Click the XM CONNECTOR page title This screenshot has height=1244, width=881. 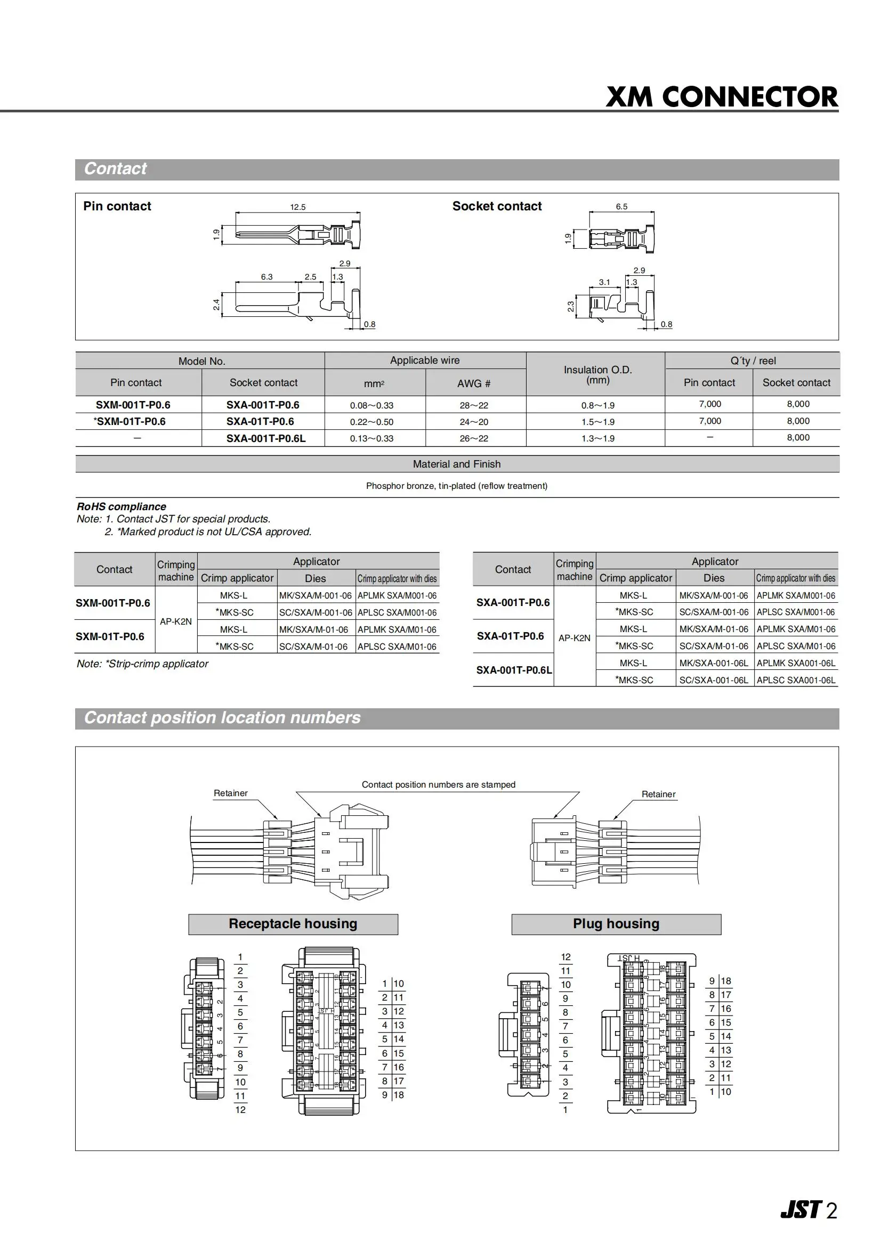tap(722, 97)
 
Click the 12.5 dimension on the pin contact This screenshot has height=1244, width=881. tap(298, 207)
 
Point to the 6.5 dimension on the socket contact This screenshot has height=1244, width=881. tap(621, 207)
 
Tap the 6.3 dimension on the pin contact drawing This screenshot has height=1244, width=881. tap(267, 277)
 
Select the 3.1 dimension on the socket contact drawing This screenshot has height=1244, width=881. tap(604, 282)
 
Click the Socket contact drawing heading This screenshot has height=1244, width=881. tap(497, 206)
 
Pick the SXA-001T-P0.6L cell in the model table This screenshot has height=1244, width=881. tap(266, 438)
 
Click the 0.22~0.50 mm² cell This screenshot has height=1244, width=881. tap(371, 422)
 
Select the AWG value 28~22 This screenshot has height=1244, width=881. tap(474, 405)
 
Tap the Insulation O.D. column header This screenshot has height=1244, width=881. tap(598, 374)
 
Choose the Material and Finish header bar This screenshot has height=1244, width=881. tap(457, 464)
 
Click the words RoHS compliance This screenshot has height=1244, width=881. tap(122, 506)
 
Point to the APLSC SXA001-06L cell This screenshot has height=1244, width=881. tap(796, 680)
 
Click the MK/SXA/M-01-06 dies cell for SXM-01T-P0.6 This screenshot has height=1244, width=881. tap(313, 629)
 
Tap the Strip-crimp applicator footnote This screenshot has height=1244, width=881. tap(143, 664)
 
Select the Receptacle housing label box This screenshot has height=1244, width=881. tap(293, 923)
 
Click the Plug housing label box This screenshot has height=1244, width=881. tap(616, 923)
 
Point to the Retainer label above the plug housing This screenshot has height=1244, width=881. tap(659, 794)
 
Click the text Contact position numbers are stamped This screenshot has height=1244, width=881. tap(438, 784)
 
